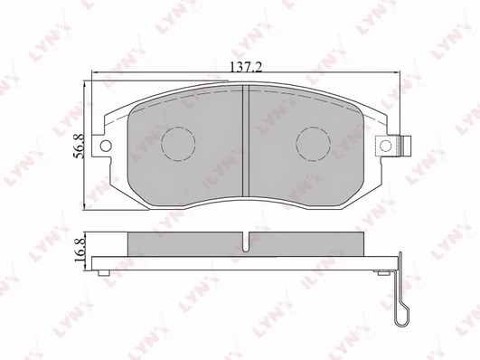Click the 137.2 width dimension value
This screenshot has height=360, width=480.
pos(246,67)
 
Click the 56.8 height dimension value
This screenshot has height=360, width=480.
pos(79,147)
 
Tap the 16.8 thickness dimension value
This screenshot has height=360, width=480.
pos(80,251)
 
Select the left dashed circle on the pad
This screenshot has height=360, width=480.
pos(178,144)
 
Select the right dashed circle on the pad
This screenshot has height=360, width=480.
pos(313,144)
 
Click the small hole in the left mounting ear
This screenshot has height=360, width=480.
pos(106,146)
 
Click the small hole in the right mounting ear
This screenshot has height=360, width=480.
pos(385,145)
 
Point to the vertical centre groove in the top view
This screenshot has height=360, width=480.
pos(246,140)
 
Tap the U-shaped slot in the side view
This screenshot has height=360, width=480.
pos(246,242)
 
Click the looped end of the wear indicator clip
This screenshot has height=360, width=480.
pos(401,316)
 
